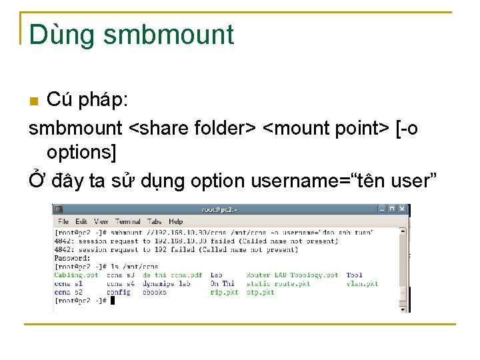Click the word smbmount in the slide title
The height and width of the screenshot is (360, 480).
pos(169,35)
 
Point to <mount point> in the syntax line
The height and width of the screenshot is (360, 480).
pos(327,127)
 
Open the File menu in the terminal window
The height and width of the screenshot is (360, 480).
pos(63,221)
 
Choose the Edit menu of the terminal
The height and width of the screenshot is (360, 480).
pos(81,221)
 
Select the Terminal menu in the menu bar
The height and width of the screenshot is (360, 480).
pos(127,221)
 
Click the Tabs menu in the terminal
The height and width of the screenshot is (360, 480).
pos(155,221)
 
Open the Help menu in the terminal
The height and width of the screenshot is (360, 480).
pos(175,221)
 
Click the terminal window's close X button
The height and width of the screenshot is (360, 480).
pos(402,209)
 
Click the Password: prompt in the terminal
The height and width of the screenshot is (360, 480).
pos(72,258)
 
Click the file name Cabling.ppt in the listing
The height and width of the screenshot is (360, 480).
pos(76,275)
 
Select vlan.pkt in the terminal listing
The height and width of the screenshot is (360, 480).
pos(362,283)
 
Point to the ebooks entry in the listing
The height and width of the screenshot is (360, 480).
pos(155,292)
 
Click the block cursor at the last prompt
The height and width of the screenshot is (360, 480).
pos(113,301)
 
